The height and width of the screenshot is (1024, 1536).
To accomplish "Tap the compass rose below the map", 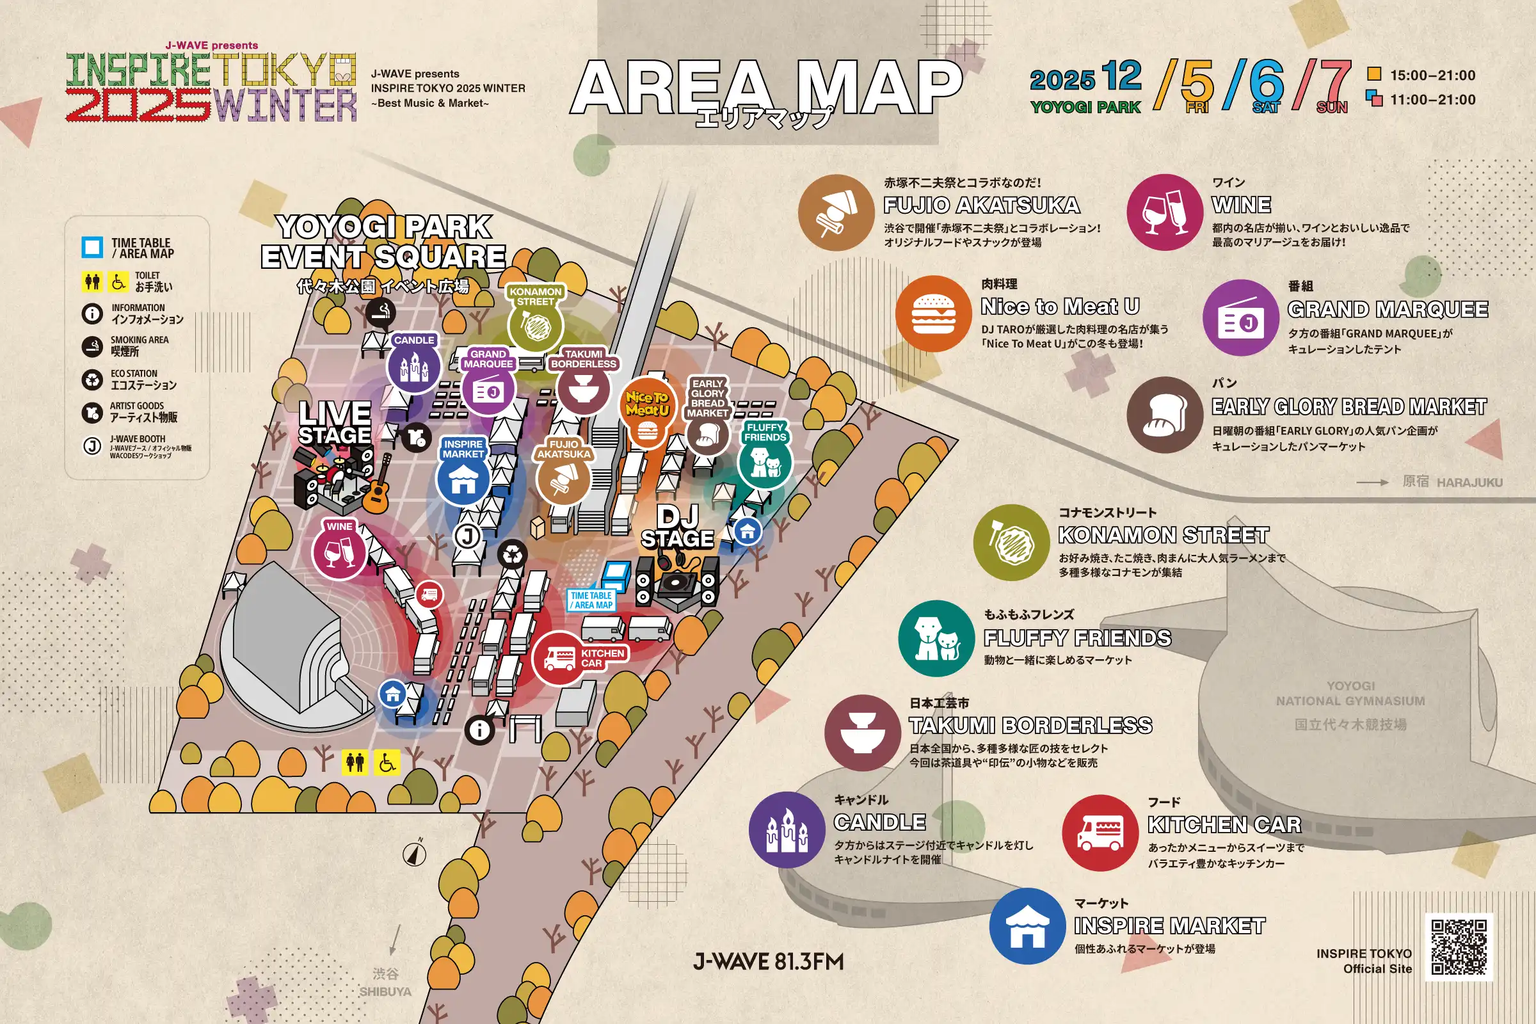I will pyautogui.click(x=415, y=853).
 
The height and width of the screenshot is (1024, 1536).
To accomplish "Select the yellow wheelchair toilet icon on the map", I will pyautogui.click(x=387, y=762).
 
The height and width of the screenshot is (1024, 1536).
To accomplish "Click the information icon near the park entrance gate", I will pyautogui.click(x=479, y=729).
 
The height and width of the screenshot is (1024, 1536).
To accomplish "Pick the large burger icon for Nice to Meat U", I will pyautogui.click(x=932, y=314).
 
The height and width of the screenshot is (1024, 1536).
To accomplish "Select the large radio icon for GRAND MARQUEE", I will pyautogui.click(x=1240, y=318).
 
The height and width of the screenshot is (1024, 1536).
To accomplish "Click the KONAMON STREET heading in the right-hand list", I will pyautogui.click(x=1163, y=535).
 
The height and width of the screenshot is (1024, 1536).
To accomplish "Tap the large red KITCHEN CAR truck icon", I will pyautogui.click(x=1100, y=833).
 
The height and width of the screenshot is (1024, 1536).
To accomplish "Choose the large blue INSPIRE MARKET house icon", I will pyautogui.click(x=1027, y=925).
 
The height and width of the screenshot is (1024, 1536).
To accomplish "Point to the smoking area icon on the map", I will pyautogui.click(x=380, y=312).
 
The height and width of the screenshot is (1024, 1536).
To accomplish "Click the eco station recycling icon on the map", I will pyautogui.click(x=513, y=554).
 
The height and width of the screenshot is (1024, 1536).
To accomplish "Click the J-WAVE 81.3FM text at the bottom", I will pyautogui.click(x=768, y=961).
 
